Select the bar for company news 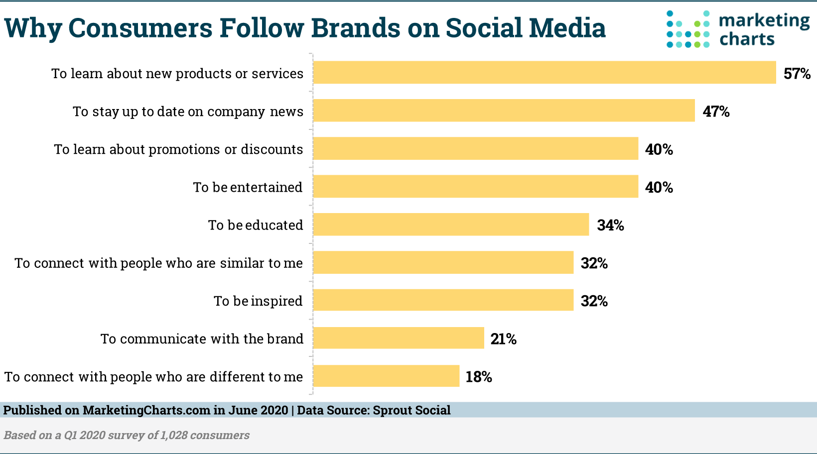[x=504, y=111]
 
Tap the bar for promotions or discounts [x=475, y=148]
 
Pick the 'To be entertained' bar [x=475, y=186]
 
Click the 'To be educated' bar [x=451, y=225]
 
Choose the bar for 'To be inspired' [x=443, y=300]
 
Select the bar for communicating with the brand [x=398, y=338]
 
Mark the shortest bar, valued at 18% [x=386, y=376]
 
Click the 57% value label [x=797, y=74]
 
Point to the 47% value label [x=716, y=112]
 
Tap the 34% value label [x=610, y=226]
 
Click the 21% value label [x=503, y=339]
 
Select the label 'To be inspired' [x=258, y=301]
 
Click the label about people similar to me [x=158, y=263]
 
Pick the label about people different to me [x=153, y=377]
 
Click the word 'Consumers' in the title [x=140, y=28]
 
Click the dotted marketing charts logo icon [x=687, y=29]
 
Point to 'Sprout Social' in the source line [x=411, y=410]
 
